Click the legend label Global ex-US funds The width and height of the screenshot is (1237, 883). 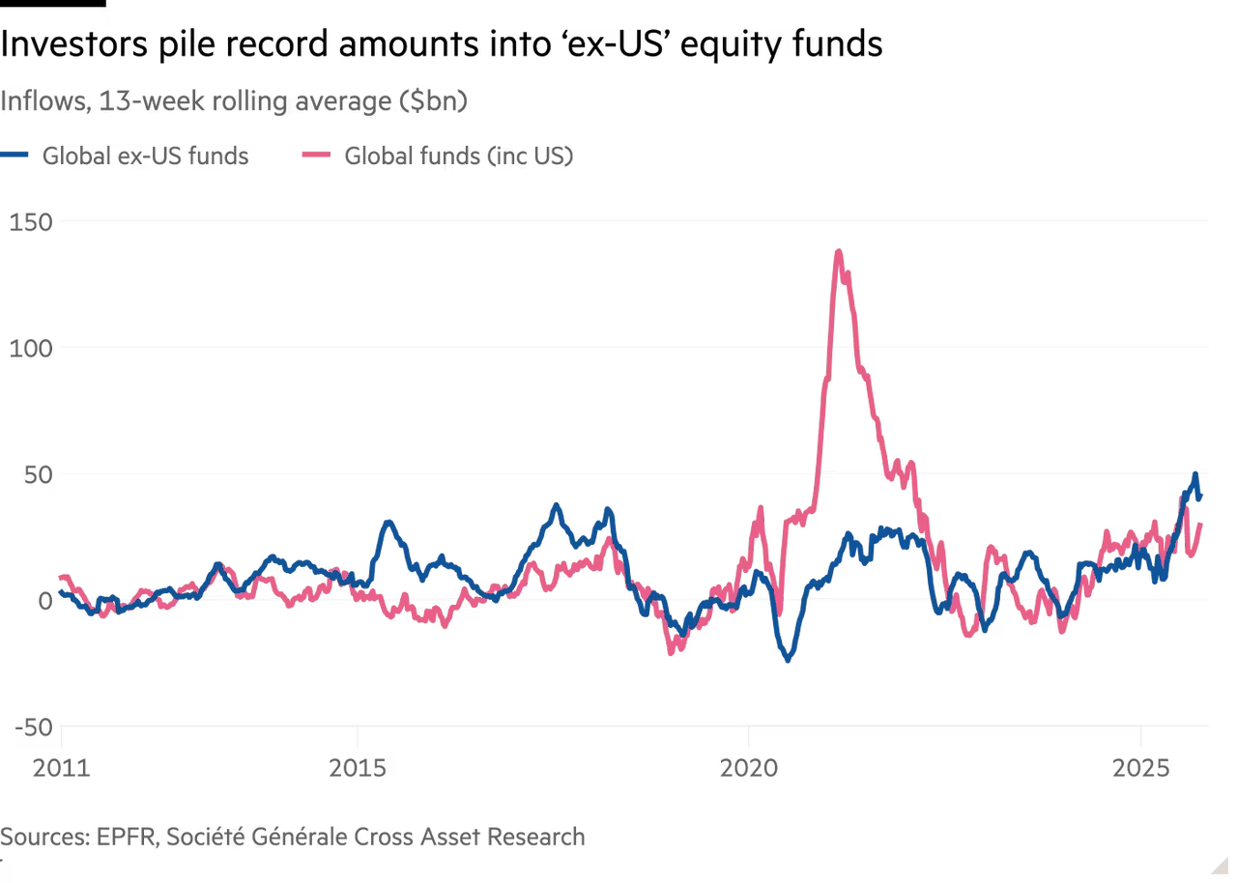click(x=144, y=156)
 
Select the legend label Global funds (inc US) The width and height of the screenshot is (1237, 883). click(x=458, y=156)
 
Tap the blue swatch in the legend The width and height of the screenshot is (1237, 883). click(x=17, y=156)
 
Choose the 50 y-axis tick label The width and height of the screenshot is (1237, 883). click(x=34, y=473)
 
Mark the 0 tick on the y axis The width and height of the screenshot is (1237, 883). click(x=43, y=600)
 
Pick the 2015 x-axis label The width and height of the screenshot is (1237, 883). click(x=359, y=770)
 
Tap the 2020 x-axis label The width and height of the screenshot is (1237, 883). click(x=749, y=770)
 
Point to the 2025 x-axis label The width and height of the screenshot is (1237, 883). click(x=1142, y=770)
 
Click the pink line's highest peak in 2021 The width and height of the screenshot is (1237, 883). click(x=839, y=249)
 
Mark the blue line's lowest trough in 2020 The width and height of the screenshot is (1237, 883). click(x=788, y=662)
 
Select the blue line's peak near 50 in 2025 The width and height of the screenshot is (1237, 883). click(x=1195, y=473)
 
